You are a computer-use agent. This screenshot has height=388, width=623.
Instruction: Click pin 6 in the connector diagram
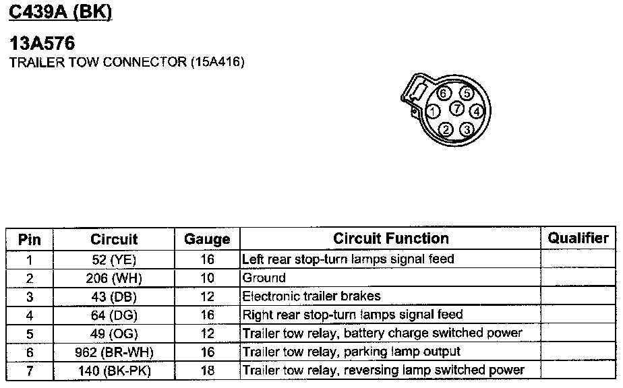442,94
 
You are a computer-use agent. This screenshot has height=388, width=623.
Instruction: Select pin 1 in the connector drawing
434,110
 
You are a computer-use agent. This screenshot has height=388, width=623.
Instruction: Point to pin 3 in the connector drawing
468,129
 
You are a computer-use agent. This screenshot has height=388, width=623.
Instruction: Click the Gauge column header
207,239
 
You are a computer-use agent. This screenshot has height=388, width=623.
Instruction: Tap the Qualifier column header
578,238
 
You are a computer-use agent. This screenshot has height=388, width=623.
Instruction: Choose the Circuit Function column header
390,238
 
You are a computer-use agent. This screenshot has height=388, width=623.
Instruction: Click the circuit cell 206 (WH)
113,278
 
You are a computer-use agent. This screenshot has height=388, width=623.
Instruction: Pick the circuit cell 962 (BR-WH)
113,352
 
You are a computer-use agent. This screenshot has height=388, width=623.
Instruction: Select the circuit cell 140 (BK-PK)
113,370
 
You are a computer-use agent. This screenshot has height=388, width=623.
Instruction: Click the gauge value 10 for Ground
207,278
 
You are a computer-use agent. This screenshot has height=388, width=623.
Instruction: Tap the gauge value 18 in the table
207,370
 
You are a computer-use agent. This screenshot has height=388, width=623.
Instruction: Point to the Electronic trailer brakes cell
311,296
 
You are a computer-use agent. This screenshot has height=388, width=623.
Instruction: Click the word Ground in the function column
264,278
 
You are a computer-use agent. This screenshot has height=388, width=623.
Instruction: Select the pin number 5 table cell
30,333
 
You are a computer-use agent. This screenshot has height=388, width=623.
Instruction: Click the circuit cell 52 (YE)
113,259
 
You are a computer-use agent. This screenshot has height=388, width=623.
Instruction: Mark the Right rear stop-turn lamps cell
353,315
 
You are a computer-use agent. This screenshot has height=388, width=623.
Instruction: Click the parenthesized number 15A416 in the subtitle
217,63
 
